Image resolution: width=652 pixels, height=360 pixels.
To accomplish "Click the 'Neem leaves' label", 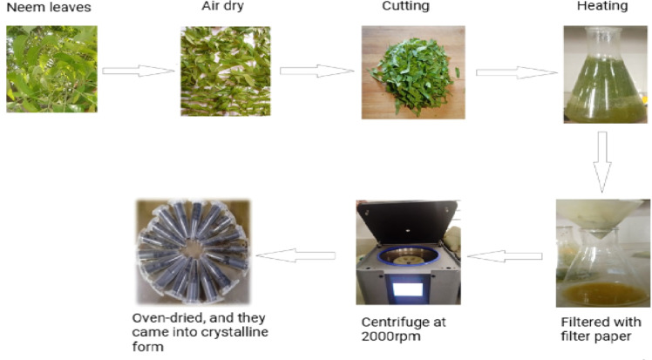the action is point(49,8).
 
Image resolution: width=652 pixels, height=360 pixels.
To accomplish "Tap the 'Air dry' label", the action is point(222,6).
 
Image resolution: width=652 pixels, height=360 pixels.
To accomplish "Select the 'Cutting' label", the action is point(405,6).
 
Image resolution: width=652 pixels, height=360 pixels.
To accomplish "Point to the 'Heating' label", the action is point(602,6).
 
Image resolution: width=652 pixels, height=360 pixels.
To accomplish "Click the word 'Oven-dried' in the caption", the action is point(166,318).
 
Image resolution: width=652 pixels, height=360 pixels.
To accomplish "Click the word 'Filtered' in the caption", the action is point(585,322).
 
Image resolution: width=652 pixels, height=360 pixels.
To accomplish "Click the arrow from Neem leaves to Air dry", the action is point(139,71).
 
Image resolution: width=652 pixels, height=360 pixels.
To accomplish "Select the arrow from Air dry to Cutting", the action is point(317,71).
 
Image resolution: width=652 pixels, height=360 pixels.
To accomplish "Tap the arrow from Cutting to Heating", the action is point(516,72).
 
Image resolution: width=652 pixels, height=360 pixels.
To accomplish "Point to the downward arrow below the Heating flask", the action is point(601,162).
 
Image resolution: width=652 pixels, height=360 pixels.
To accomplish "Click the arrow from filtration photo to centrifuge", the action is point(505,256).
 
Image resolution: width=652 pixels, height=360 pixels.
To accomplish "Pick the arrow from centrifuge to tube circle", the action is point(295,255).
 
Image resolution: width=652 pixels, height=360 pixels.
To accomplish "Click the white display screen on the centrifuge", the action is point(408,289).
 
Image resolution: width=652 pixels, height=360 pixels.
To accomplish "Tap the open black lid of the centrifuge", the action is point(408,221).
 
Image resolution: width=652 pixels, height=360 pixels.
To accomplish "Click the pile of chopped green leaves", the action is point(414,76).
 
